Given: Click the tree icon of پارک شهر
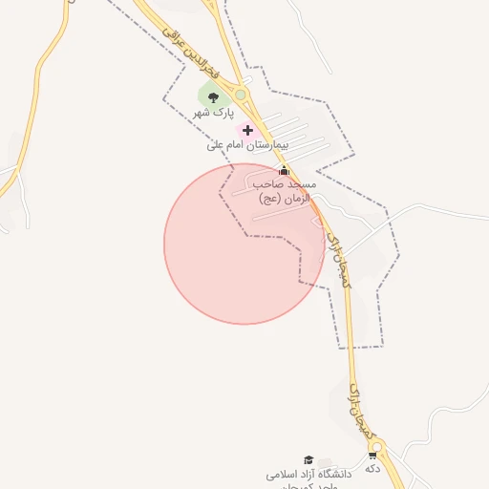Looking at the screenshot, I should coord(213,96).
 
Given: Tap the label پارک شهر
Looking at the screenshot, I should coord(213,114).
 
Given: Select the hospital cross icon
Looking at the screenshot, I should coord(248,130).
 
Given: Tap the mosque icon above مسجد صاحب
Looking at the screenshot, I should coord(283,170).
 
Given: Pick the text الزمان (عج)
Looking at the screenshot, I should coord(282,198).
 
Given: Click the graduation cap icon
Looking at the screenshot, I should coord(308,459).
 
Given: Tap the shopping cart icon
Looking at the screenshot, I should coord(372,455).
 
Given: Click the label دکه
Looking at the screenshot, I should coord(372,469).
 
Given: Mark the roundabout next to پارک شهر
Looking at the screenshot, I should coord(241,95).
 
